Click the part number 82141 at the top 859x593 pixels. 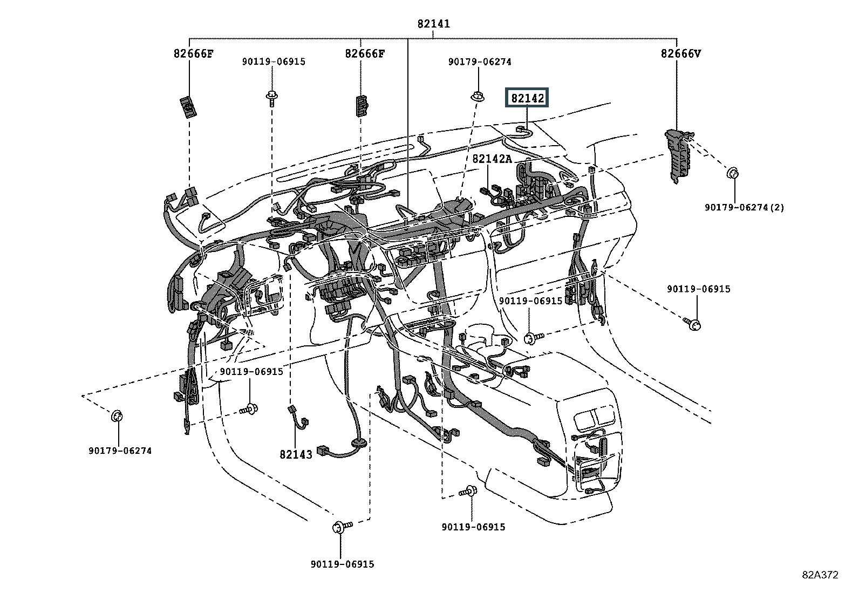pyautogui.click(x=433, y=24)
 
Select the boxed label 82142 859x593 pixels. pyautogui.click(x=527, y=98)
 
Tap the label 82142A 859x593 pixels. pyautogui.click(x=492, y=159)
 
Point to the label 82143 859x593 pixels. pyautogui.click(x=296, y=454)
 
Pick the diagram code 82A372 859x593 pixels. pyautogui.click(x=820, y=575)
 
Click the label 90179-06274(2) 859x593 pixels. pyautogui.click(x=745, y=207)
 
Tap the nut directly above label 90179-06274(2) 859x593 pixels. pyautogui.click(x=733, y=174)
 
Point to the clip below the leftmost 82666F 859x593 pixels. pyautogui.click(x=188, y=106)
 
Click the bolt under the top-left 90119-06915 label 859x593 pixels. pyautogui.click(x=271, y=99)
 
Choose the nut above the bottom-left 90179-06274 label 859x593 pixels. pyautogui.click(x=117, y=416)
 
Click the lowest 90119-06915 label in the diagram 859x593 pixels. pyautogui.click(x=342, y=564)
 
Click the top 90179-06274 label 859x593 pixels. pyautogui.click(x=480, y=62)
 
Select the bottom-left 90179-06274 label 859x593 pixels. pyautogui.click(x=120, y=451)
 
